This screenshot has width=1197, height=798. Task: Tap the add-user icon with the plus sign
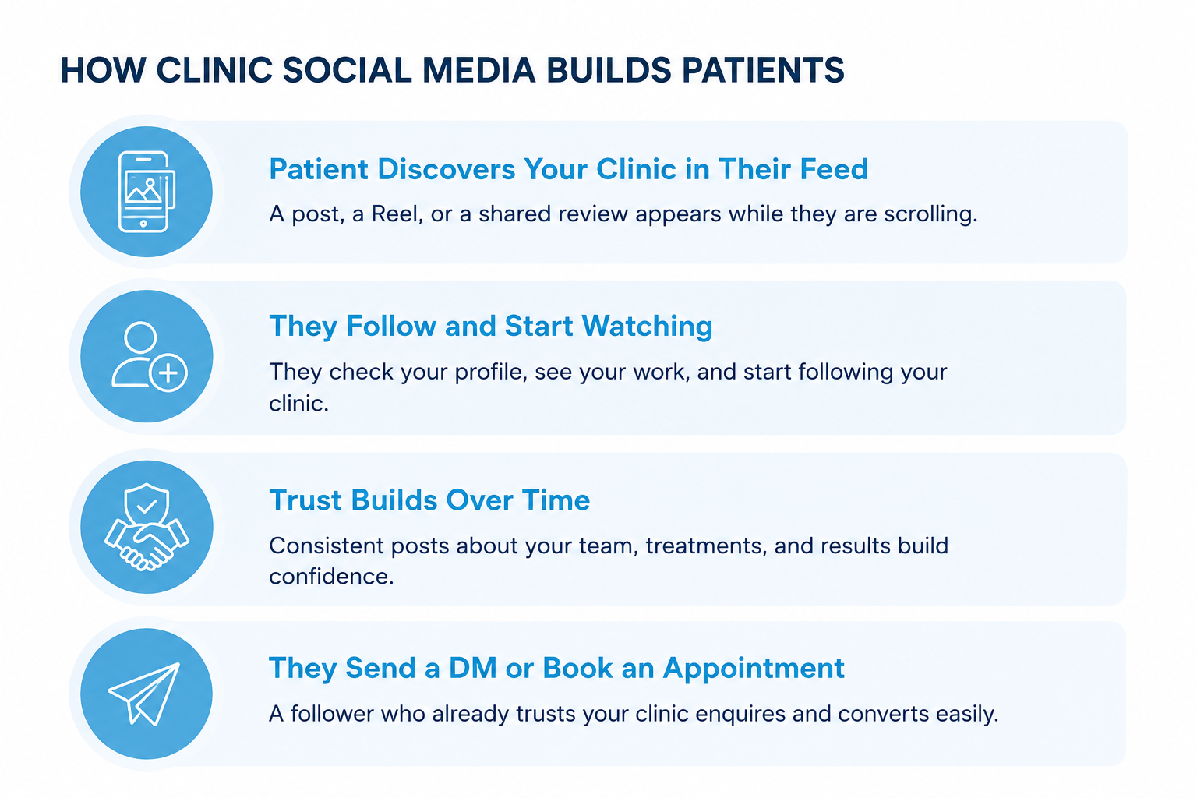click(x=149, y=356)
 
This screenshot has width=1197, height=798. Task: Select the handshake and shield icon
click(x=147, y=527)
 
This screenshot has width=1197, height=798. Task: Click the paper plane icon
click(x=144, y=694)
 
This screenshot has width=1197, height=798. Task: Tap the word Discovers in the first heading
click(x=445, y=169)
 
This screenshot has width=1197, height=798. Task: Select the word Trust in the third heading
click(x=305, y=500)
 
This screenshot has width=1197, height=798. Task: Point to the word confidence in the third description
click(x=331, y=576)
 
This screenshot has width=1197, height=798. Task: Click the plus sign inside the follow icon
click(x=168, y=373)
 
